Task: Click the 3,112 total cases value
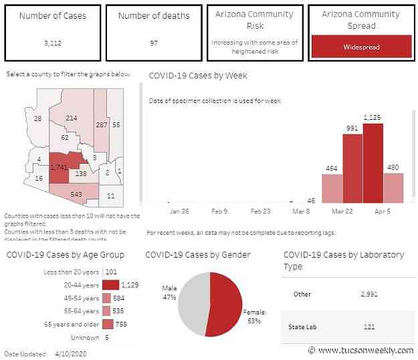[x=53, y=43]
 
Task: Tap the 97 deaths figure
[x=154, y=43]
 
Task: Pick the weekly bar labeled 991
[x=352, y=168]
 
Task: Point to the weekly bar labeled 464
[x=332, y=188]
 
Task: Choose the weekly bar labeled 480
[x=393, y=187]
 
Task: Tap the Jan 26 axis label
[x=180, y=211]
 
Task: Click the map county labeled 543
[x=76, y=193]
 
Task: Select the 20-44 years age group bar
[x=110, y=284]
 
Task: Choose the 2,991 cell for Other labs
[x=370, y=294]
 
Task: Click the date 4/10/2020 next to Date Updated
[x=70, y=353]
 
